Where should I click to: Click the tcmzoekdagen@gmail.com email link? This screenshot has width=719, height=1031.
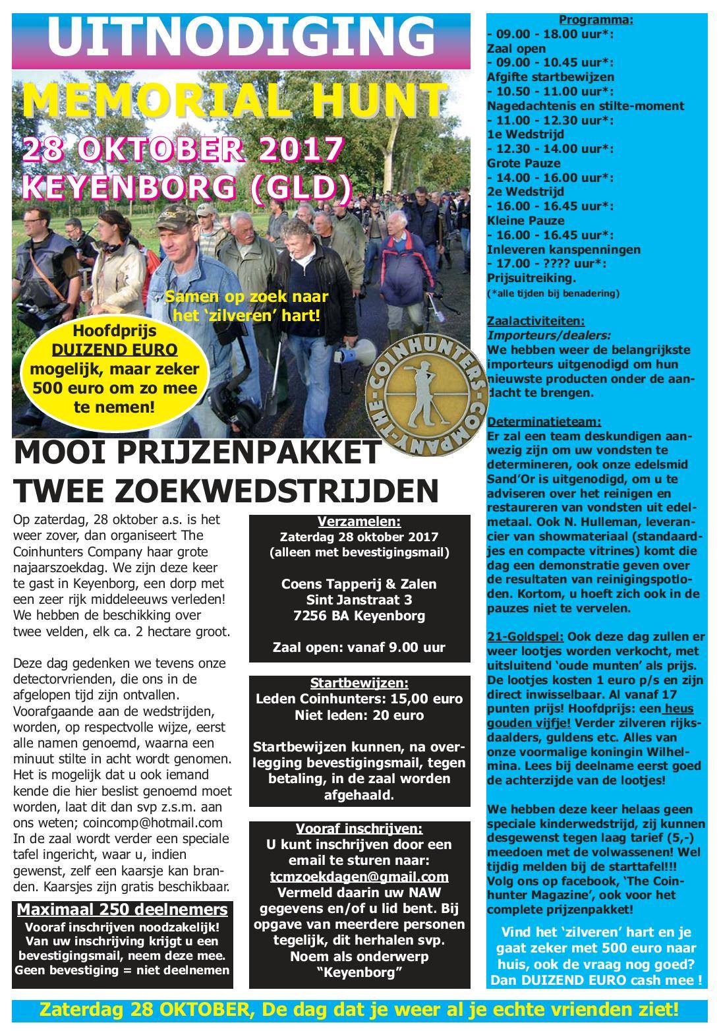tap(359, 876)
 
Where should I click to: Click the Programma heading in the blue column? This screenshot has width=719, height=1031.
tap(596, 20)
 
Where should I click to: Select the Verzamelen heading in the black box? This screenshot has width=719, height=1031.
tap(359, 522)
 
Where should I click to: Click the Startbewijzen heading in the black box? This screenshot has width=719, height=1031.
tap(359, 683)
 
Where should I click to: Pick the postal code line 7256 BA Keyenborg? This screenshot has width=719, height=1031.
tap(359, 616)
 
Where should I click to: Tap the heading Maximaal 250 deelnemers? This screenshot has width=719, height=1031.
tap(122, 910)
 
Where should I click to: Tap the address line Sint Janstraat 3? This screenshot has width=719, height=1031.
tap(359, 600)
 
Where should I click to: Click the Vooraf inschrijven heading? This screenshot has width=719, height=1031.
tap(359, 828)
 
